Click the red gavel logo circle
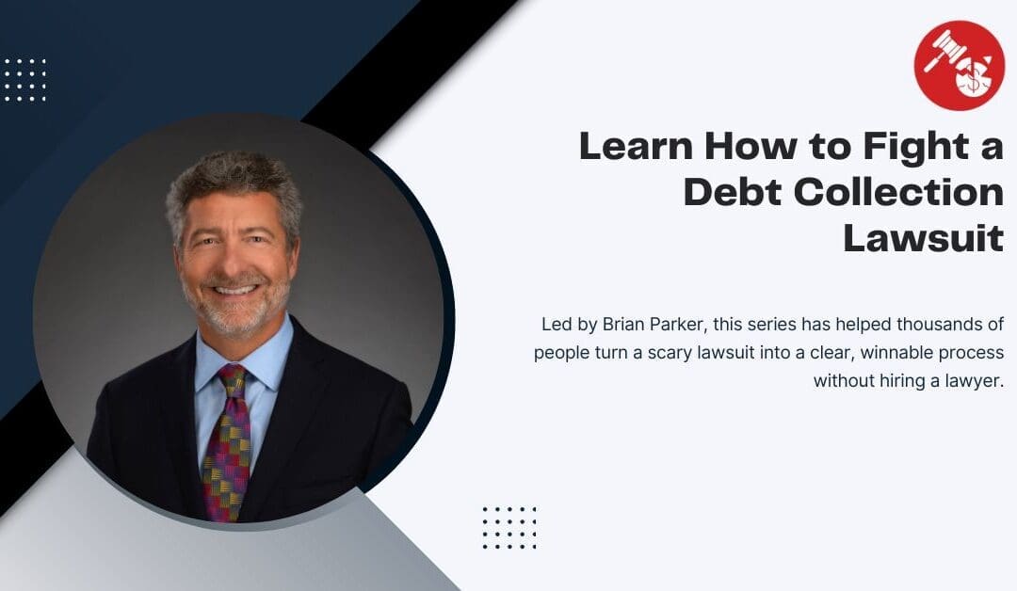click(959, 66)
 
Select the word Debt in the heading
click(733, 192)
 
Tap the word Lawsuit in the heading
click(923, 238)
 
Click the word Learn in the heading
click(637, 146)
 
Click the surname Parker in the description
click(672, 324)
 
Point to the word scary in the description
click(669, 353)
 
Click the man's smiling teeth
click(234, 290)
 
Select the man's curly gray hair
click(234, 184)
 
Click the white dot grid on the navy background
click(25, 80)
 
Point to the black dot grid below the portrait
click(509, 528)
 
